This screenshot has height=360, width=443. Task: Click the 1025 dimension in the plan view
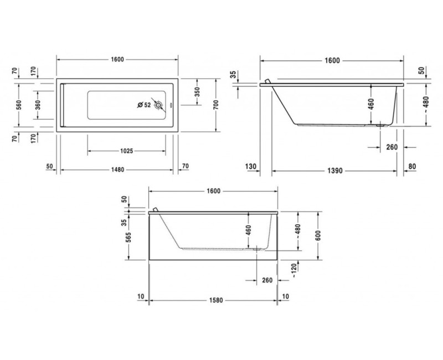pyautogui.click(x=126, y=150)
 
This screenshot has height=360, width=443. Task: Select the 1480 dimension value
pyautogui.click(x=117, y=166)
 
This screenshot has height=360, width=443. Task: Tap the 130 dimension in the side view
pyautogui.click(x=251, y=166)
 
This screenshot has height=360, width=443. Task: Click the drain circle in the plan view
pyautogui.click(x=159, y=105)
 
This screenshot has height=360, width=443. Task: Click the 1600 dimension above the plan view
pyautogui.click(x=117, y=60)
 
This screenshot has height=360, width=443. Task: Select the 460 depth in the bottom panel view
pyautogui.click(x=249, y=229)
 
